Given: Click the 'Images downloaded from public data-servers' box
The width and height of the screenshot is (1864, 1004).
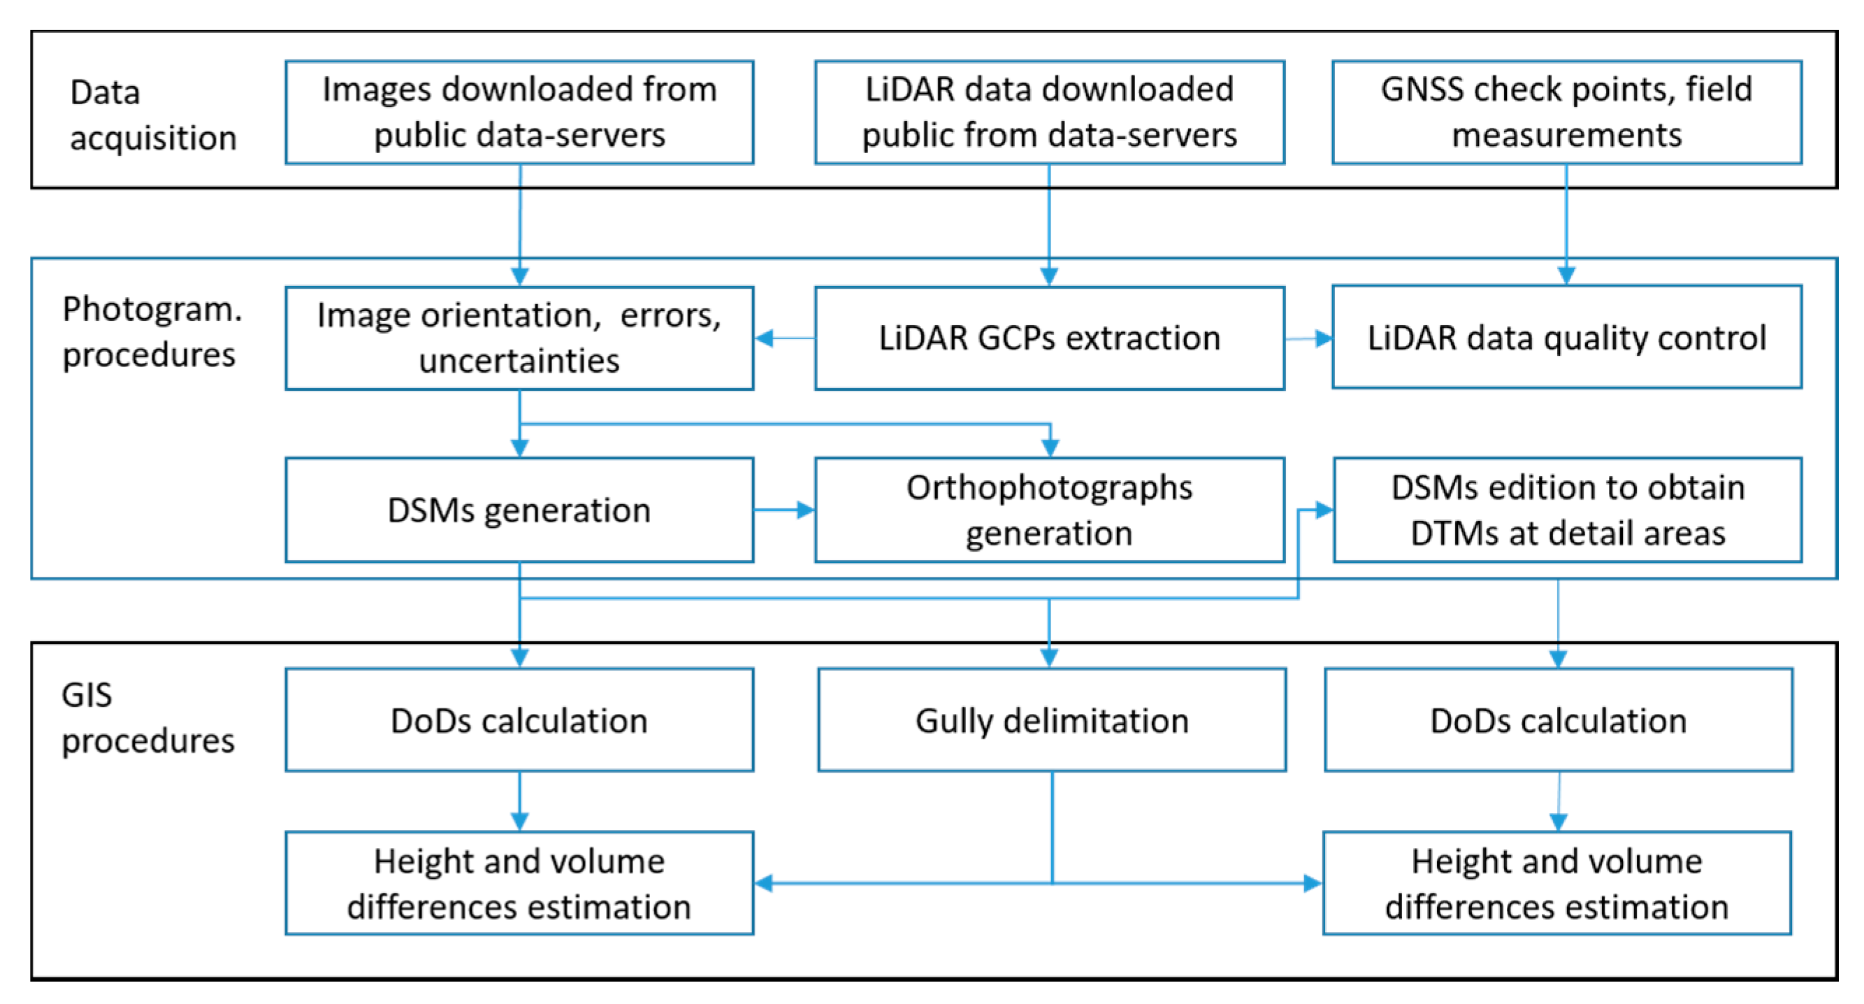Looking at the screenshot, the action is click(x=519, y=112).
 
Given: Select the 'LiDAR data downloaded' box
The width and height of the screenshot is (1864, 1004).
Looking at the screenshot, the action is click(x=1049, y=112).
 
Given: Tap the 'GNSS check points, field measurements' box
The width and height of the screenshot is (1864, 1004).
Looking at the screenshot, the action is click(x=1566, y=112).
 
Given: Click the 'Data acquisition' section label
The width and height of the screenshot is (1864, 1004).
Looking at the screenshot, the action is click(x=152, y=115).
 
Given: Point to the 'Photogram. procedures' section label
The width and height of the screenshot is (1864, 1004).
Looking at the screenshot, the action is click(x=151, y=331).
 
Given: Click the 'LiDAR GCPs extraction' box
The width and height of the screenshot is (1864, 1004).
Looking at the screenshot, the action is click(x=1049, y=338).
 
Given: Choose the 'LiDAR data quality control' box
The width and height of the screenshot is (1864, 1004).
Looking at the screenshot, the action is click(x=1566, y=337).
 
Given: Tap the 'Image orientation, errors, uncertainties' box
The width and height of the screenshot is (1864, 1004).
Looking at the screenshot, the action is click(x=519, y=338).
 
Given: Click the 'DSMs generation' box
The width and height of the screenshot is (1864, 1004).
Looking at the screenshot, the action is click(x=519, y=510).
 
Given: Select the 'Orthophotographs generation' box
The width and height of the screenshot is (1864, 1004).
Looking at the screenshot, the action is click(x=1049, y=510).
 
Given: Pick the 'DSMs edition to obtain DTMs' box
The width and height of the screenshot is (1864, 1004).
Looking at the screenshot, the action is click(x=1568, y=510).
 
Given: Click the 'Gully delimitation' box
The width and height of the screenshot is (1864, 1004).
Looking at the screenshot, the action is click(x=1051, y=720).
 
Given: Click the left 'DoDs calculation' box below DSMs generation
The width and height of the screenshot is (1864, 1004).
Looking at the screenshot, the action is click(x=519, y=720).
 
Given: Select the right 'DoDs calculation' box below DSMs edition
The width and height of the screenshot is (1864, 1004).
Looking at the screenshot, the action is click(x=1558, y=720).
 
